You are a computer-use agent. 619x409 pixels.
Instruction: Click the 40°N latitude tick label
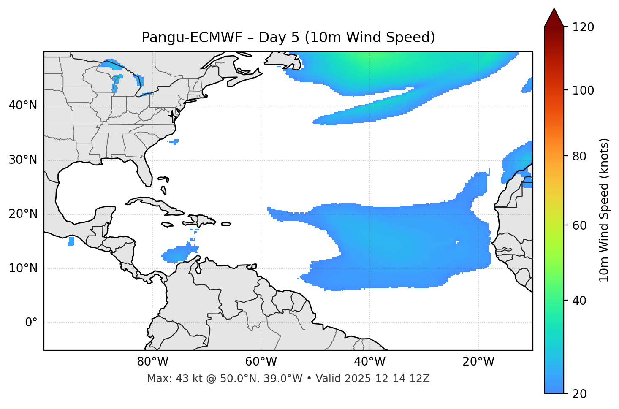point(23,106)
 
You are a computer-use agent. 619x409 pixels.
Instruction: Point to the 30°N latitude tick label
point(23,160)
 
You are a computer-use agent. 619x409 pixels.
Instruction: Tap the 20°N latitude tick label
point(23,214)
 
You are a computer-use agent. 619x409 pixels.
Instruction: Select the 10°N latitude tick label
point(23,268)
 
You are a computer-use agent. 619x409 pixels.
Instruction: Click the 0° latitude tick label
point(31,323)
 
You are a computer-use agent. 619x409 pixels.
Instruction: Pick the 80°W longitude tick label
point(152,362)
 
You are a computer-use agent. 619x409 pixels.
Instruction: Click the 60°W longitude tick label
point(261,362)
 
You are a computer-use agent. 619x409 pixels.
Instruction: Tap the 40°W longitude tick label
point(369,362)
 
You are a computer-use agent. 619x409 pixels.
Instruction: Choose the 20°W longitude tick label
point(478,362)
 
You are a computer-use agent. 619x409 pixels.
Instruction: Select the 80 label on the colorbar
point(581,156)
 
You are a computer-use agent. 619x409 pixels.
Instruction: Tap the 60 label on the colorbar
point(581,225)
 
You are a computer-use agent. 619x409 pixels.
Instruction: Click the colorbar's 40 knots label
point(581,301)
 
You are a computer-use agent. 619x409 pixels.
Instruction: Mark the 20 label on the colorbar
point(581,394)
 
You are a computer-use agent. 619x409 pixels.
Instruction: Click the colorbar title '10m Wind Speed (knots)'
point(604,210)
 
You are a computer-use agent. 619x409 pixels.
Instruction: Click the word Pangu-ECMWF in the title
point(192,38)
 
